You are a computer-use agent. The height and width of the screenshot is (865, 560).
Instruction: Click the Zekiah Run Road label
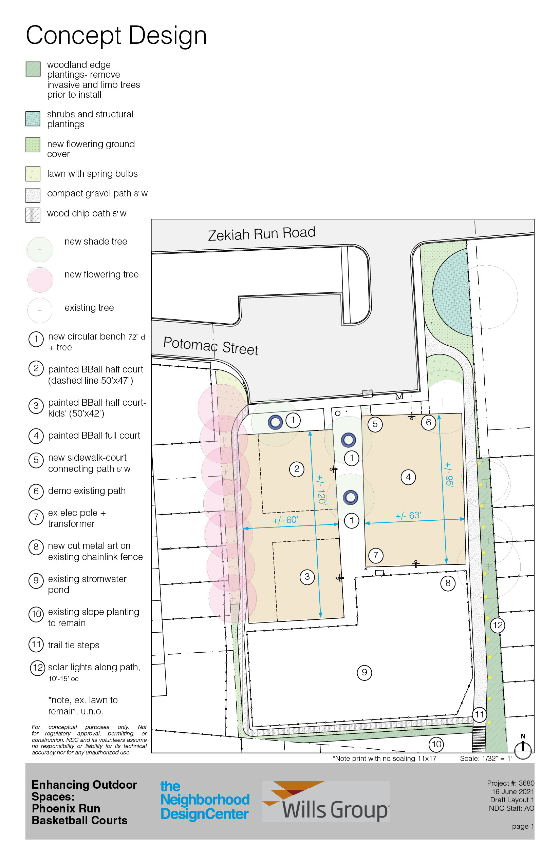pyautogui.click(x=261, y=234)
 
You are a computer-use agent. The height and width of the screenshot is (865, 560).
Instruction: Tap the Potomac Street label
pyautogui.click(x=210, y=346)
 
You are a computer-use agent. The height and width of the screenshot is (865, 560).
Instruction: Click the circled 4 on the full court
pyautogui.click(x=408, y=477)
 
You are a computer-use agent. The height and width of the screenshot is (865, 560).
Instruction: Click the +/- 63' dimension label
pyautogui.click(x=408, y=515)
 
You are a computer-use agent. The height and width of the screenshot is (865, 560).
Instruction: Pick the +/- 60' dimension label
pyautogui.click(x=285, y=520)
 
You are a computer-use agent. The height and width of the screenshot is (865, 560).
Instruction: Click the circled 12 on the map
pyautogui.click(x=497, y=625)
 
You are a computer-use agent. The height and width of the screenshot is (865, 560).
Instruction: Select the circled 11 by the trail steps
pyautogui.click(x=479, y=714)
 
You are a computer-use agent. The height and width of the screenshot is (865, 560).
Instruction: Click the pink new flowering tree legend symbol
pyautogui.click(x=40, y=280)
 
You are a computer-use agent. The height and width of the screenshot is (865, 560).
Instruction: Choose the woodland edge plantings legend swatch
pyautogui.click(x=33, y=69)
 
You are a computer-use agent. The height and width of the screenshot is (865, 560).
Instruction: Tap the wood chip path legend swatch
pyautogui.click(x=33, y=215)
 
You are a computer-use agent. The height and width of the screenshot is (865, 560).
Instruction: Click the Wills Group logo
pyautogui.click(x=326, y=801)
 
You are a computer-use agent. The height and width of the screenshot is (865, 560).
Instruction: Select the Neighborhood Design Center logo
pyautogui.click(x=205, y=800)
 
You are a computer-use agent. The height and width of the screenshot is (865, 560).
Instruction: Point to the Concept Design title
pyautogui.click(x=116, y=36)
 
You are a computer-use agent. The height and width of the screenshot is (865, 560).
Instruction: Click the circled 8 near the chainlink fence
pyautogui.click(x=448, y=583)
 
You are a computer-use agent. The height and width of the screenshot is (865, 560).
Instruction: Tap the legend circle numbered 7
pyautogui.click(x=36, y=517)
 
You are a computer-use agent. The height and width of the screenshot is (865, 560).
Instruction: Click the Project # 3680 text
pyautogui.click(x=510, y=783)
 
